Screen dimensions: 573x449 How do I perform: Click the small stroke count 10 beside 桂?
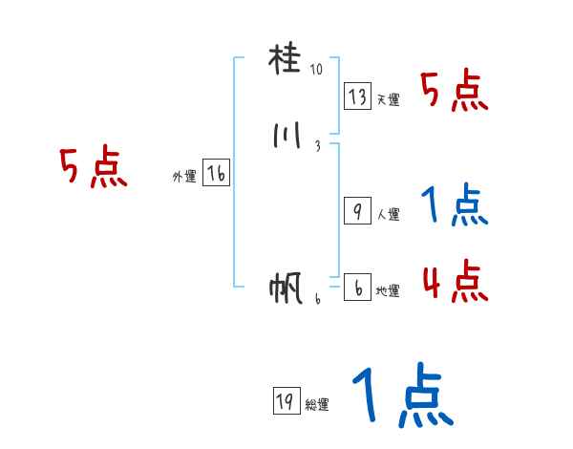(316, 70)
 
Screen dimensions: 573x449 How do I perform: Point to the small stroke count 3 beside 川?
(316, 146)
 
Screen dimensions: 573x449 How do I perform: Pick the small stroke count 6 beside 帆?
(317, 298)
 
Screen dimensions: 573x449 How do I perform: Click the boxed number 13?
(357, 96)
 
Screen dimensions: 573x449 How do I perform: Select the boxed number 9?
(357, 211)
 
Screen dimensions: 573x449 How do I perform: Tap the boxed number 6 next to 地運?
(357, 288)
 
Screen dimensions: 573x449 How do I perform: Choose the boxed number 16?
(217, 174)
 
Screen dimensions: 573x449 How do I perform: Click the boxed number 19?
(285, 402)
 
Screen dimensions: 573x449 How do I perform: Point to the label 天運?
(387, 99)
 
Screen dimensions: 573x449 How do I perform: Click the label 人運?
(388, 215)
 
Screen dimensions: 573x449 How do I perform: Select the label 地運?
(388, 291)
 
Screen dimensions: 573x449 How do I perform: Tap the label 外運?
(184, 177)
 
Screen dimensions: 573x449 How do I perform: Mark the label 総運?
(316, 405)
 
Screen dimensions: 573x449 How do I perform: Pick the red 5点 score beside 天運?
(456, 92)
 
